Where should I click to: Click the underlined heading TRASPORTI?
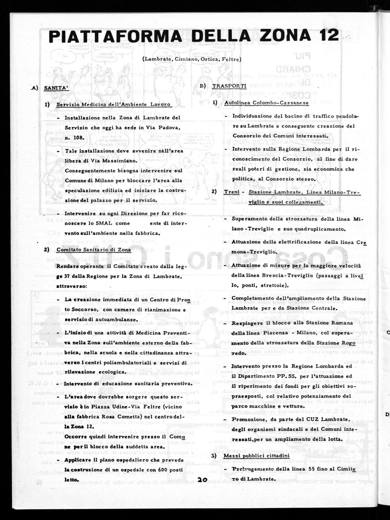click(x=229, y=86)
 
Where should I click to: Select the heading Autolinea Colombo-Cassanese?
click(x=266, y=103)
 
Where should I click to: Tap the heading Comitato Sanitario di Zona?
click(x=94, y=250)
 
